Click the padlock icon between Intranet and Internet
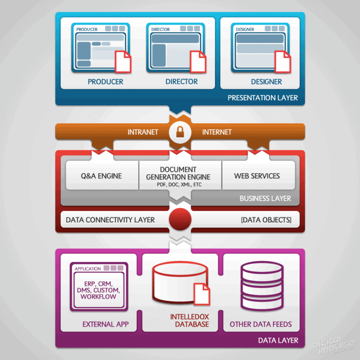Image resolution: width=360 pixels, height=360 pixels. (180, 132)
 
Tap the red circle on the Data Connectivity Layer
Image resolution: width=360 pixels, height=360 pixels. (180, 220)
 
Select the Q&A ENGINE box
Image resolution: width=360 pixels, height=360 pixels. (101, 175)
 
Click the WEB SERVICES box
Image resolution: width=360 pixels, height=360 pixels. (257, 175)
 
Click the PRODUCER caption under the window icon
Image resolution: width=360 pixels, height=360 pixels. (105, 82)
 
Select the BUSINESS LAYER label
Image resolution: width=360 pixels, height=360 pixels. (265, 198)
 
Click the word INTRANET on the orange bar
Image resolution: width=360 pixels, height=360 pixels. (143, 132)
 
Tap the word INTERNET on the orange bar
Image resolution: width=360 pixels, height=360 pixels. (217, 132)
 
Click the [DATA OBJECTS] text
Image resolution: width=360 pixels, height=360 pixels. (266, 220)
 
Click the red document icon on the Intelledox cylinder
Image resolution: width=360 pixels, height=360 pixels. (201, 294)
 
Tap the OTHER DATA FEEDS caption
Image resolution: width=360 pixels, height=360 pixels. (261, 324)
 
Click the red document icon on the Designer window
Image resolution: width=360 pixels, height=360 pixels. (282, 62)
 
